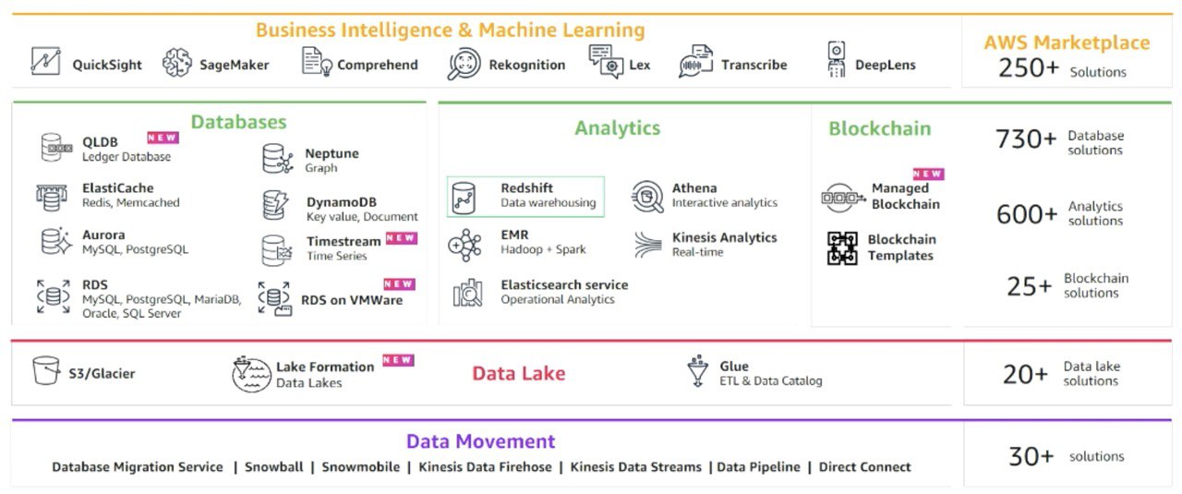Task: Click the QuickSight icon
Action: click(x=44, y=62)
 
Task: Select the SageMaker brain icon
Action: click(x=177, y=63)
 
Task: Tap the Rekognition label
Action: click(x=526, y=65)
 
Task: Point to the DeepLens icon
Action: click(x=837, y=60)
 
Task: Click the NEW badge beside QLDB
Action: click(x=163, y=138)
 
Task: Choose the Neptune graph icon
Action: click(x=277, y=159)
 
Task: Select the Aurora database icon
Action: click(x=55, y=242)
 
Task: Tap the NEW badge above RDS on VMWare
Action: click(x=399, y=284)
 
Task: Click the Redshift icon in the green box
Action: click(x=464, y=197)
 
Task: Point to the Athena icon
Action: click(x=647, y=196)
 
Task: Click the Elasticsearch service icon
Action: click(x=467, y=293)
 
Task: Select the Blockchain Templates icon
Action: click(x=841, y=248)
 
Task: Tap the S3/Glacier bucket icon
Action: click(x=45, y=371)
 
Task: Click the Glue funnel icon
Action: click(x=697, y=370)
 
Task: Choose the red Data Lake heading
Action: click(x=518, y=374)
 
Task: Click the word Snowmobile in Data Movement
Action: click(x=360, y=467)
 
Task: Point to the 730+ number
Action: click(x=1025, y=139)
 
